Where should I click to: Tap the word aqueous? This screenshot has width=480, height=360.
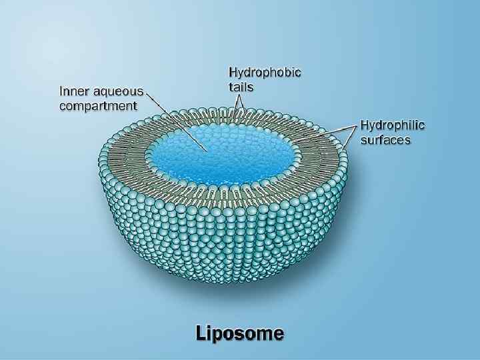coord(117,92)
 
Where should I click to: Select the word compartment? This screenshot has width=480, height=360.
coord(99,106)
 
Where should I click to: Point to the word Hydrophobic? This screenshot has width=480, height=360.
coord(265,73)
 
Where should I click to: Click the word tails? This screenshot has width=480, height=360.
coord(241,87)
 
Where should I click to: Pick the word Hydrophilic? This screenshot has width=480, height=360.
coord(392,125)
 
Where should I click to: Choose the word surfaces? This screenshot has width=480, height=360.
coord(385,140)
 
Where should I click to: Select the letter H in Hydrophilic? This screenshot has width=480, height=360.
coord(365,125)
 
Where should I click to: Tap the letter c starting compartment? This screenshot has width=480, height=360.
coord(63,106)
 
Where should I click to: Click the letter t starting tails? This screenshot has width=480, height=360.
coord(231,87)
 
